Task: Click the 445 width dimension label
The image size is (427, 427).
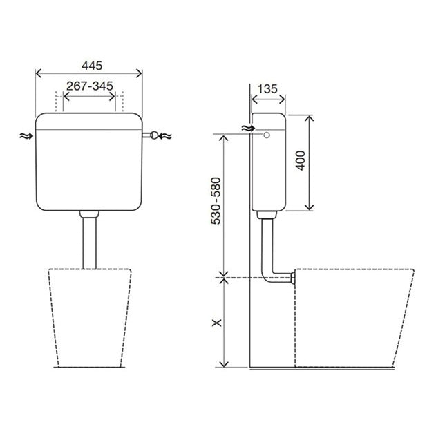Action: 92,66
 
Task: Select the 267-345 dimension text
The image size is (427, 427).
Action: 90,86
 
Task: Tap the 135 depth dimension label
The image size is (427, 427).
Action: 267,88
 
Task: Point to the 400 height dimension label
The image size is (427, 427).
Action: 301,160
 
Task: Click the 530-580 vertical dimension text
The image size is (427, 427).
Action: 216,201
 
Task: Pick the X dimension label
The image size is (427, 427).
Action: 217,323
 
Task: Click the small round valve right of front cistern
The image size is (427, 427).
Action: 154,135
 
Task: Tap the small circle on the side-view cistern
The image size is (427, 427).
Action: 267,135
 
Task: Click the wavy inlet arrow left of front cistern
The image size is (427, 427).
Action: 26,135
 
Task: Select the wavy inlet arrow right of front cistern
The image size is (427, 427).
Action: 165,135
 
